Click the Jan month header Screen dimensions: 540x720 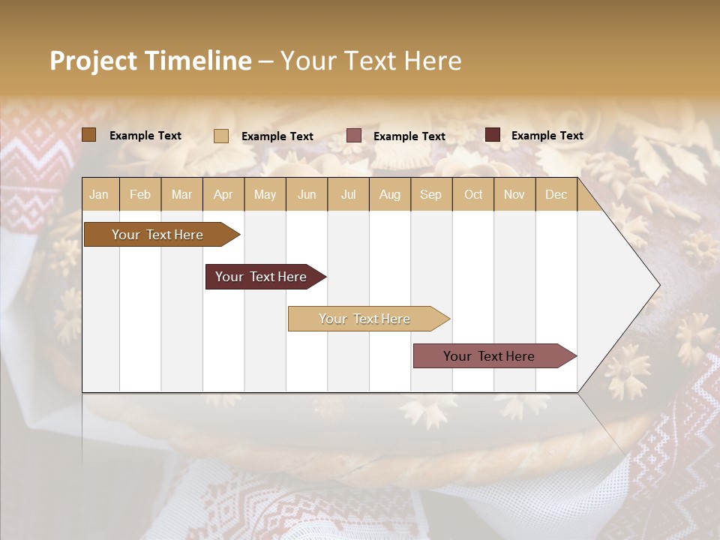(x=100, y=194)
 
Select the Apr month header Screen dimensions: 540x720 (x=223, y=194)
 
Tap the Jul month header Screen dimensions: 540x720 (x=349, y=194)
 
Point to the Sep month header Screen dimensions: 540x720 (x=431, y=194)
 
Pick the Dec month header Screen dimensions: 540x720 (x=556, y=194)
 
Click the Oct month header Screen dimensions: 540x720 (x=473, y=194)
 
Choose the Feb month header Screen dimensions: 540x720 (x=140, y=194)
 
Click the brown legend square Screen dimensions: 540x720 (x=89, y=135)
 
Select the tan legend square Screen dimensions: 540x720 (x=221, y=136)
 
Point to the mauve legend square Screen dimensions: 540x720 (x=354, y=136)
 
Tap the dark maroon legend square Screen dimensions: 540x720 (x=493, y=135)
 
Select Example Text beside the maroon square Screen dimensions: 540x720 (x=547, y=136)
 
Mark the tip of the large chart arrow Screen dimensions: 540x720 (x=658, y=285)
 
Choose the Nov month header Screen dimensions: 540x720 (x=514, y=194)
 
